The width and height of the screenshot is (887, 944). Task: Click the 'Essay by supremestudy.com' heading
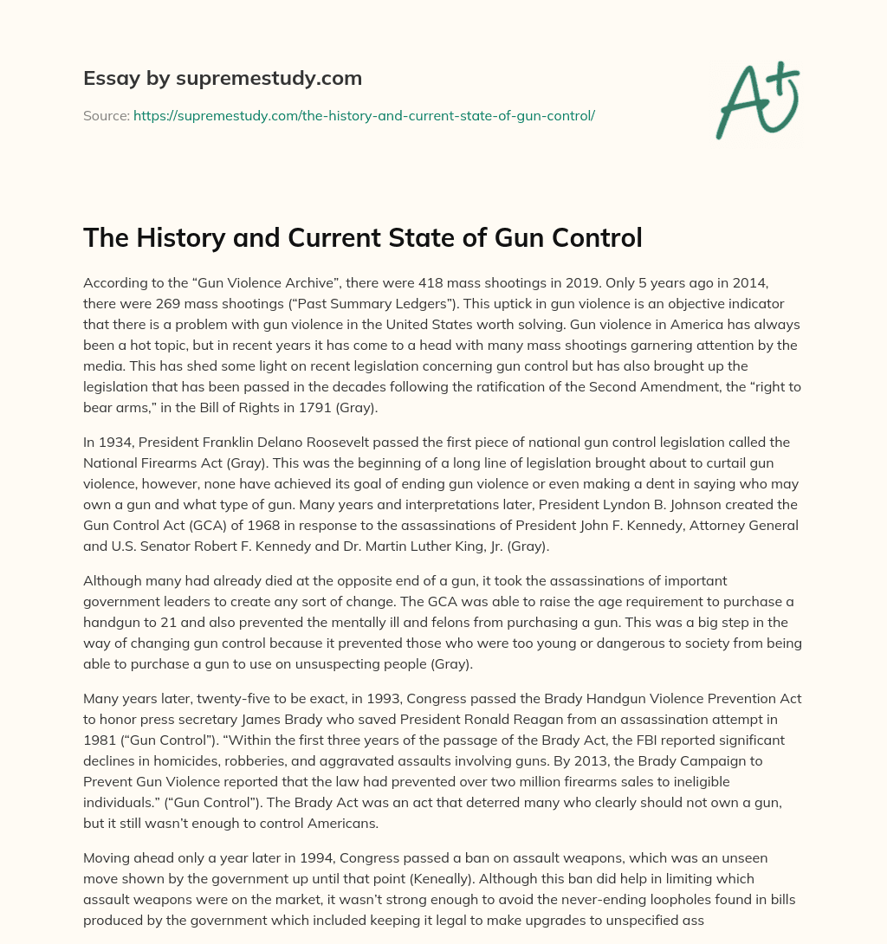(223, 79)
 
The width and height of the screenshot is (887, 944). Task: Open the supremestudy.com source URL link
(364, 115)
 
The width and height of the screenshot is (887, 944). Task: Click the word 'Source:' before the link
(107, 115)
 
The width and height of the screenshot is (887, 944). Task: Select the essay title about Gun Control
(362, 236)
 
